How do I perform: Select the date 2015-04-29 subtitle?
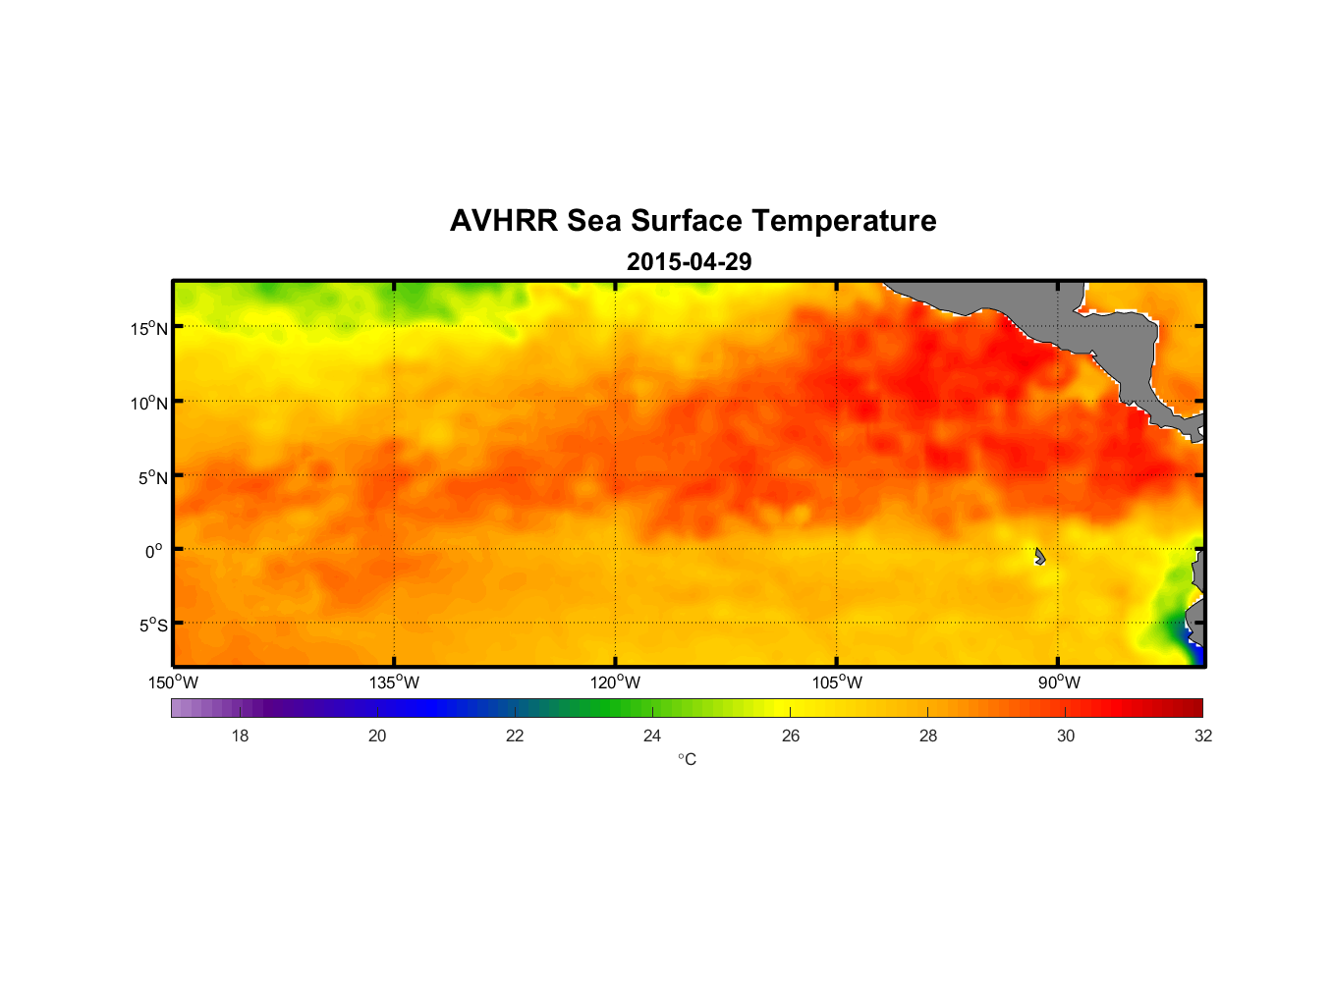[689, 262]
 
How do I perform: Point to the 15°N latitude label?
[149, 328]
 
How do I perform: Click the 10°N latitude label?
[149, 403]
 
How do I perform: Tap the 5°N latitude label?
[152, 477]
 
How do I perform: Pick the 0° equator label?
[154, 551]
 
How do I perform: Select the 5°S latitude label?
[152, 626]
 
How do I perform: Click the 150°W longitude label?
[173, 682]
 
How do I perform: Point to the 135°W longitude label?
[394, 682]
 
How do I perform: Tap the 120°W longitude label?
[615, 682]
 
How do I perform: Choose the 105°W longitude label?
[837, 682]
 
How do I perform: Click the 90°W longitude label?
[1059, 682]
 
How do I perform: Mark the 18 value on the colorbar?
[240, 736]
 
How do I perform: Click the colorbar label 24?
[652, 736]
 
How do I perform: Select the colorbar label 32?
[1203, 736]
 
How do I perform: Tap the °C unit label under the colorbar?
[687, 759]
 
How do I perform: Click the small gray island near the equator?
[1039, 557]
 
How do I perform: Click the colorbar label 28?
[928, 736]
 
